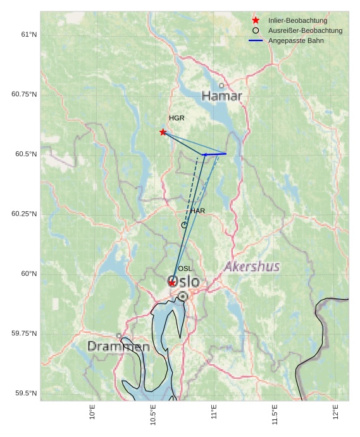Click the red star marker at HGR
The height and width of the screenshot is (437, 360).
click(163, 132)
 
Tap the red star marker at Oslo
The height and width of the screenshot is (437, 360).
click(172, 283)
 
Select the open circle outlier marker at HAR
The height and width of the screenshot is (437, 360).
click(184, 225)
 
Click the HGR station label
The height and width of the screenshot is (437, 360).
click(177, 118)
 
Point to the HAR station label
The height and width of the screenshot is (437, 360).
click(197, 211)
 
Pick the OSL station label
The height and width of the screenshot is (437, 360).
click(185, 269)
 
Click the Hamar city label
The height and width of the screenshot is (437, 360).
click(222, 96)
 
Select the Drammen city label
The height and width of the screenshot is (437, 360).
click(118, 347)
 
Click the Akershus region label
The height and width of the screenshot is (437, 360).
click(252, 267)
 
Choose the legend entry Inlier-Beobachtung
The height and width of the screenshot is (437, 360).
click(297, 21)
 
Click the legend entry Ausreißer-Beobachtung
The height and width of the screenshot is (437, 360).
click(305, 30)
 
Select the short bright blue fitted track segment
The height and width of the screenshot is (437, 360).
click(215, 154)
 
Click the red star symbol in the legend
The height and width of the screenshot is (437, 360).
click(256, 21)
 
